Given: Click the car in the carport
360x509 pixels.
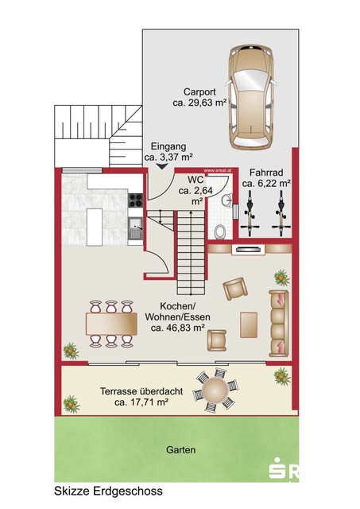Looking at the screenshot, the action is (x=251, y=98).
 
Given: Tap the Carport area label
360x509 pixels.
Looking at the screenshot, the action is (x=199, y=97).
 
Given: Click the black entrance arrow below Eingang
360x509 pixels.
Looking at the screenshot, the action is (x=161, y=166).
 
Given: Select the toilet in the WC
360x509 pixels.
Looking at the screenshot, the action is (x=221, y=232).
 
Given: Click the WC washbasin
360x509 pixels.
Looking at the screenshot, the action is (x=227, y=200).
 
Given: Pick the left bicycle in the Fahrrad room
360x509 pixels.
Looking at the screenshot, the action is (x=250, y=213).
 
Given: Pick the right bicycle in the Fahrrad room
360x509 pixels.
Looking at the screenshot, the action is (x=281, y=213).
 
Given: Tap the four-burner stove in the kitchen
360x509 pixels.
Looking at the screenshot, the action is (x=136, y=200).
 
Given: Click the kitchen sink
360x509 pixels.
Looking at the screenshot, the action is (x=136, y=229).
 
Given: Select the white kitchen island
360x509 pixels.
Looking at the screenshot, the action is (x=95, y=227).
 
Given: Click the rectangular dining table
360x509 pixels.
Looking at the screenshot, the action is (x=111, y=324).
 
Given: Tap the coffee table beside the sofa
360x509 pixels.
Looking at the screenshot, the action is (x=249, y=325).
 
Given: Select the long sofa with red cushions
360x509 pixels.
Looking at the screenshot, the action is (x=279, y=324).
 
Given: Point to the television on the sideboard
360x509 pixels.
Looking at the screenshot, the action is (x=249, y=249).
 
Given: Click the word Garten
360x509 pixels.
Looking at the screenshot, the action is (x=180, y=450).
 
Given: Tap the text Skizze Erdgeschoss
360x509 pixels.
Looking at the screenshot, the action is (x=108, y=491).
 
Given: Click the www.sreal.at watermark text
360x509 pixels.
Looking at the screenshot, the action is (x=217, y=170).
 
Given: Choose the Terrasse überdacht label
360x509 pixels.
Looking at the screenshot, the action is (x=141, y=391).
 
